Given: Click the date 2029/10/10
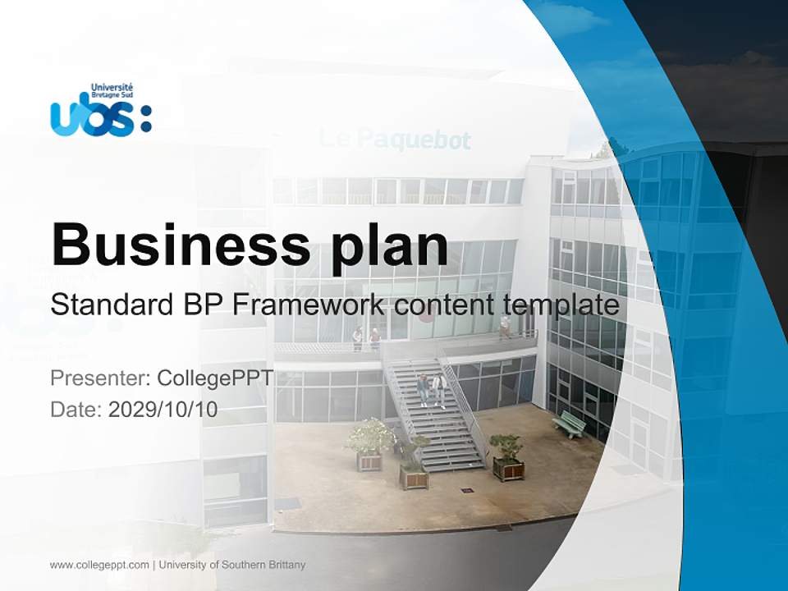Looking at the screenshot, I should [x=163, y=410].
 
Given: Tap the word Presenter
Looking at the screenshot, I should [x=98, y=378].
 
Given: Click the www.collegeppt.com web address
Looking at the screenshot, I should [x=99, y=565].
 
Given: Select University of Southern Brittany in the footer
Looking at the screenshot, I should [x=232, y=565].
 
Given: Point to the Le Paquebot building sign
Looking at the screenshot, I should [x=395, y=140].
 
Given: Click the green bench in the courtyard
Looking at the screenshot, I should [x=569, y=424].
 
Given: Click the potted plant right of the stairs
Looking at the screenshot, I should [x=507, y=457].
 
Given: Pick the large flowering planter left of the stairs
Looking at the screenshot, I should [x=369, y=442].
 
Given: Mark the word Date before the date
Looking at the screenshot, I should [x=76, y=410].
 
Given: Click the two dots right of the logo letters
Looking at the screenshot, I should [x=146, y=118].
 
